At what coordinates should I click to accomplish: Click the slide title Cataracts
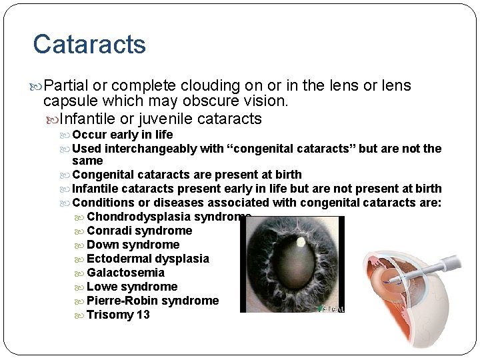[x=89, y=44]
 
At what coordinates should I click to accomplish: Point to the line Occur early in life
[x=122, y=135]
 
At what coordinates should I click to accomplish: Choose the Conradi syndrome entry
[x=139, y=231]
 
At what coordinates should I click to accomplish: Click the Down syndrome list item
[x=133, y=245]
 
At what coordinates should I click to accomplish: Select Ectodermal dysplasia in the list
[x=148, y=259]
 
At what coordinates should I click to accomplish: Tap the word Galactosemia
[x=125, y=273]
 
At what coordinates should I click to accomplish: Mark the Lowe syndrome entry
[x=132, y=287]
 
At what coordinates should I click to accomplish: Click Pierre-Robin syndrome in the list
[x=153, y=301]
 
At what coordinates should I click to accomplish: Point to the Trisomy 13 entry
[x=118, y=315]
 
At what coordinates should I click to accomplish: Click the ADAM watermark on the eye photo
[x=331, y=309]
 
